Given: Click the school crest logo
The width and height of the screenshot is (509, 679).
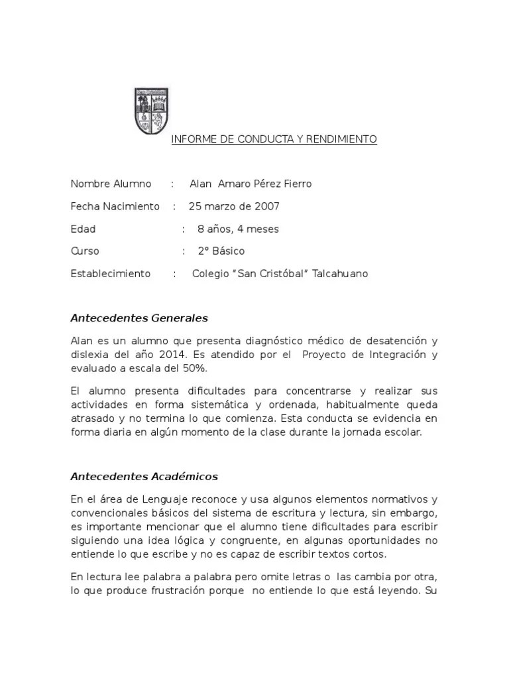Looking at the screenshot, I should click(151, 111).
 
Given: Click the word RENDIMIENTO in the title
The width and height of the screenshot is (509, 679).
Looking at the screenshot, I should click(343, 140).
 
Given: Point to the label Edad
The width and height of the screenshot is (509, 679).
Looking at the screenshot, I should click(83, 229).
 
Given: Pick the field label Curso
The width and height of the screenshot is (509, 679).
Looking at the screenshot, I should click(85, 251).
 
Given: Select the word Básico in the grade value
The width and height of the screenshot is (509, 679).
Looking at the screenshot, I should click(229, 251).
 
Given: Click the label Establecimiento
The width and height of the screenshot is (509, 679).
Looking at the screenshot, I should click(110, 274).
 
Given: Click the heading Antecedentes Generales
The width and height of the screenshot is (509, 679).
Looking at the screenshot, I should click(139, 318).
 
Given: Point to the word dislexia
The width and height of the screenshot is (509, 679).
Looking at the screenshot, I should click(91, 355).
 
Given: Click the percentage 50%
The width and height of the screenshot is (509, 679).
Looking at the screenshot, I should click(201, 369).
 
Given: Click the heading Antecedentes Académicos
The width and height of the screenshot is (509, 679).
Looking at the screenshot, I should click(144, 477).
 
